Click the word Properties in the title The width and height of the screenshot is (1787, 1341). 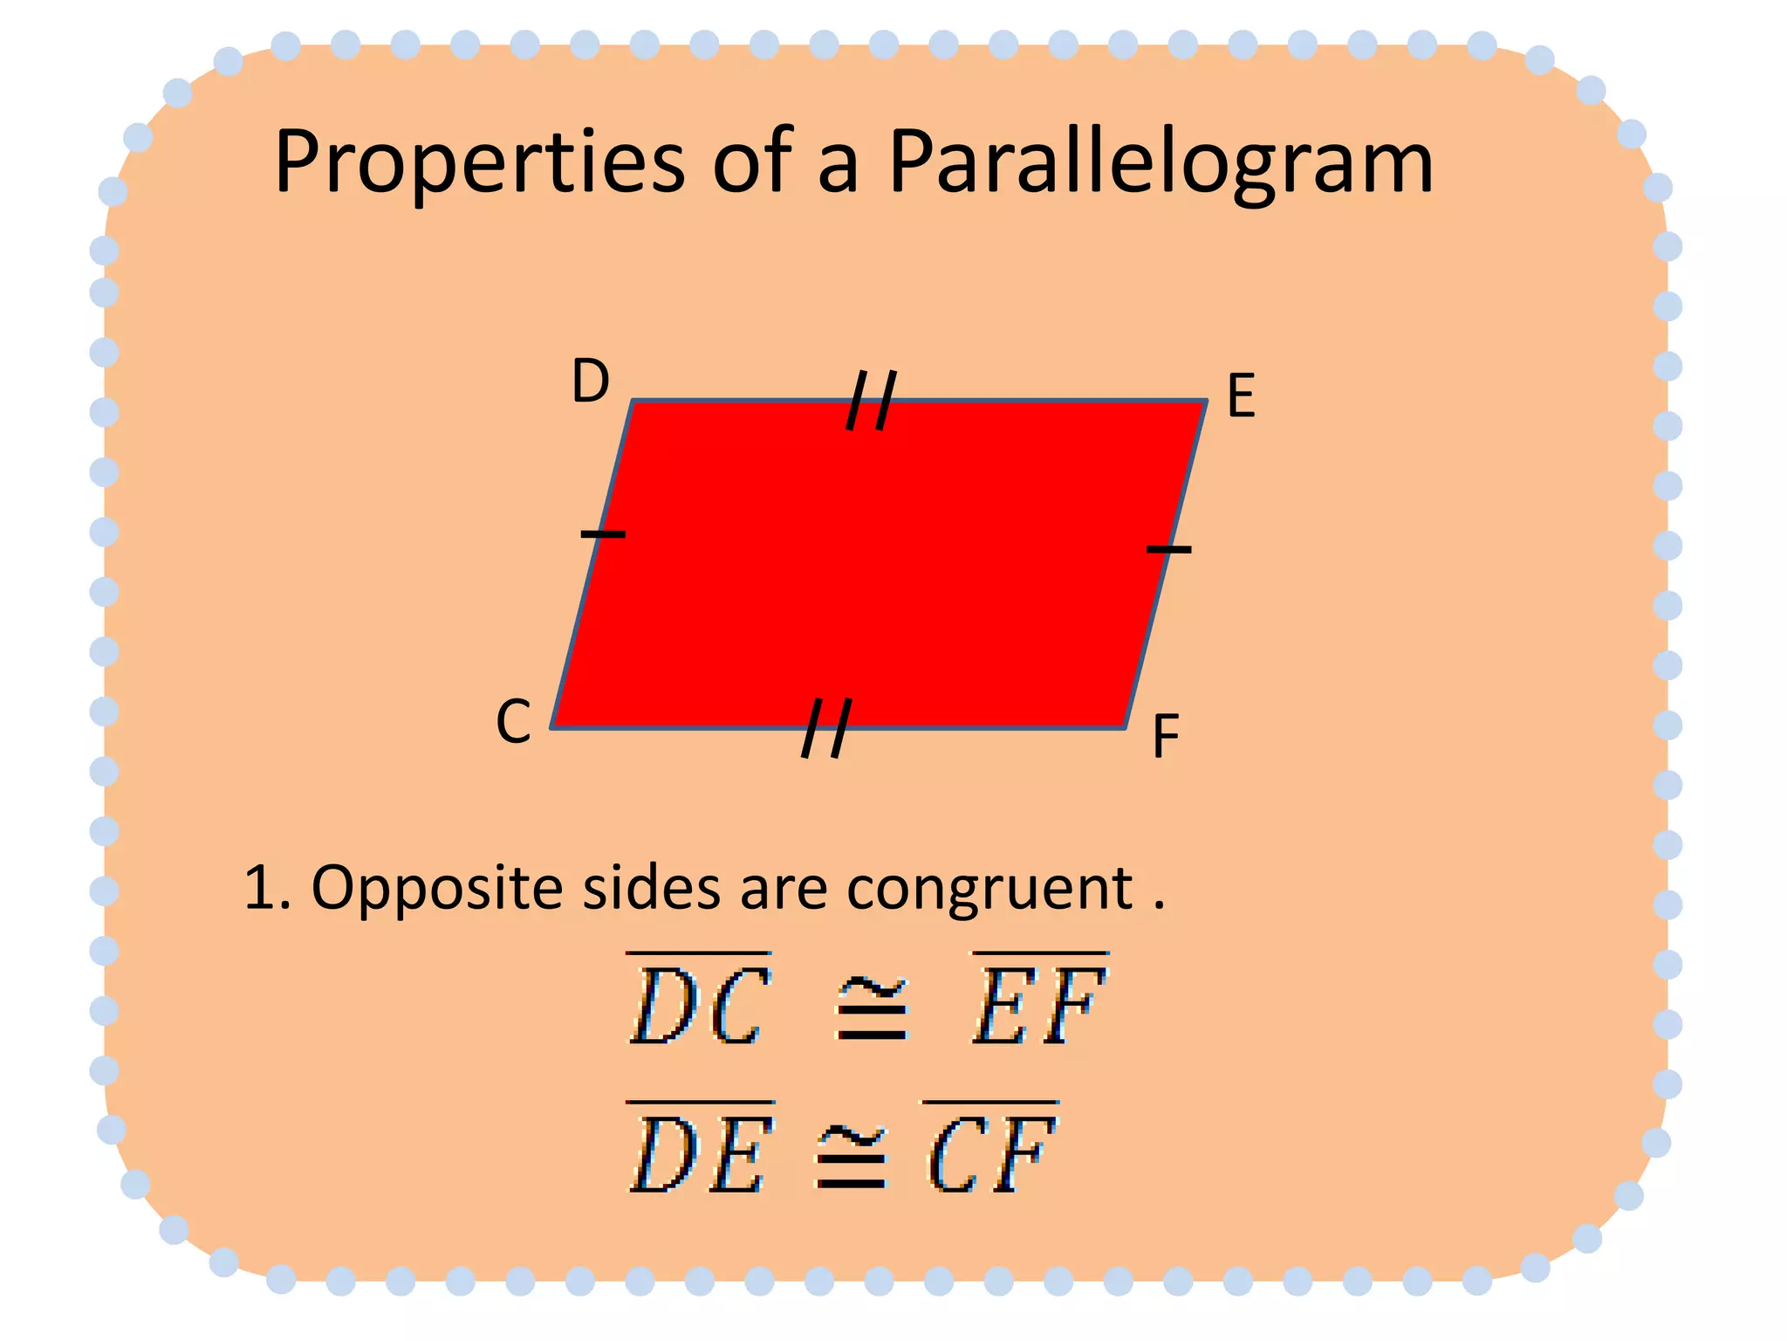click(x=479, y=163)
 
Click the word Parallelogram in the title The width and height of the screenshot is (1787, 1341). click(x=1161, y=163)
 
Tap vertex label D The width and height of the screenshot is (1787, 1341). click(x=590, y=382)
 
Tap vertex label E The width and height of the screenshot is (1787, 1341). click(x=1241, y=396)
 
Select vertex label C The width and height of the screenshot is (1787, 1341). click(x=513, y=722)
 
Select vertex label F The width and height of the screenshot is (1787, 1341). click(x=1166, y=737)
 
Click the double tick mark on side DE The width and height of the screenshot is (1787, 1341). click(x=871, y=401)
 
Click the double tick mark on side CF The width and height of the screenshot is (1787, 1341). click(x=825, y=728)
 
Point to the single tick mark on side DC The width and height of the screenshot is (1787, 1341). click(x=603, y=533)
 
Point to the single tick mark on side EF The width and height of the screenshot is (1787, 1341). click(x=1168, y=549)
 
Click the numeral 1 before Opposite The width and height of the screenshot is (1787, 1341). click(x=261, y=889)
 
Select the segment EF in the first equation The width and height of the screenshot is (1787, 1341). click(x=1040, y=1001)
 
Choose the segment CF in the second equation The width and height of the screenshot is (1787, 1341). click(x=991, y=1150)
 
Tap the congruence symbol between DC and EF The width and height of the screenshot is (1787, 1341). click(x=872, y=1010)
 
